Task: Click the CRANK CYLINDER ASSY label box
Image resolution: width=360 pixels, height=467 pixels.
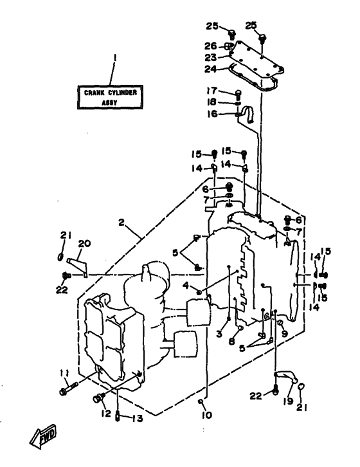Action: pos(110,97)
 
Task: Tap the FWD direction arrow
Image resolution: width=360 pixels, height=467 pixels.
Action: pos(43,436)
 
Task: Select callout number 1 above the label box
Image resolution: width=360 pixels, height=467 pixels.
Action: pos(115,58)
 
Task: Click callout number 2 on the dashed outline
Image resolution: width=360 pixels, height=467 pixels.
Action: pos(121,222)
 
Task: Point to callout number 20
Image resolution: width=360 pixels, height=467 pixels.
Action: pos(84,243)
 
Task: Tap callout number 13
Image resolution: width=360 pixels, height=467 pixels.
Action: pos(138,419)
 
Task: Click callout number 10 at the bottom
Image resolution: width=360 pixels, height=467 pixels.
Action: pos(206,415)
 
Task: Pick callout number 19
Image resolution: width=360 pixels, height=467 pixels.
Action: pos(287,401)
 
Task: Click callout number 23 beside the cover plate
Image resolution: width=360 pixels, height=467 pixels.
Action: pos(210,57)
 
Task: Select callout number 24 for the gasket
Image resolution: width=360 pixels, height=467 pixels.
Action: pos(210,69)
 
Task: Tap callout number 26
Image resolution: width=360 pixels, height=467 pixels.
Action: pos(210,46)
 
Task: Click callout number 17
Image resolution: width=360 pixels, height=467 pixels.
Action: pos(212,90)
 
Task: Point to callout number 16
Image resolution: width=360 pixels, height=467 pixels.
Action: pos(212,114)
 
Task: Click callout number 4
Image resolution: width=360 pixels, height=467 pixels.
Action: pos(186,286)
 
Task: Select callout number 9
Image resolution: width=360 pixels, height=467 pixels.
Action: pos(285,333)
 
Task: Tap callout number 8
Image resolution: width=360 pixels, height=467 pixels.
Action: pos(231,342)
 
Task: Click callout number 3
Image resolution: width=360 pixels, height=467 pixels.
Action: pos(219,334)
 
